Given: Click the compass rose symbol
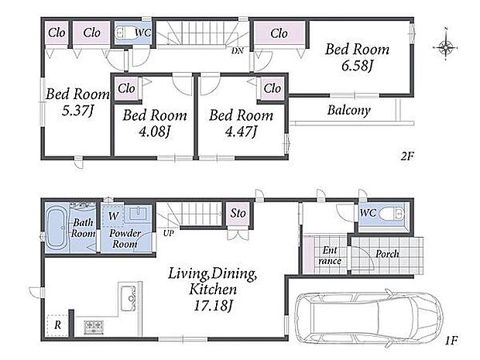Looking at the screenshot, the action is (x=445, y=47).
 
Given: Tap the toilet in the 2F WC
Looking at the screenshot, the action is (x=124, y=33).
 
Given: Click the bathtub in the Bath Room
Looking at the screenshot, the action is (x=57, y=228).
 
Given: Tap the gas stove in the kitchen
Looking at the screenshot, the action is (x=94, y=327).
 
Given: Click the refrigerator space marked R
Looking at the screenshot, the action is (x=58, y=325).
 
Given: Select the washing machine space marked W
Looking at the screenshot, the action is (x=113, y=215).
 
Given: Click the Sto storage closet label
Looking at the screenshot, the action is (x=238, y=213).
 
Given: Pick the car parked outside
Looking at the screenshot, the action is (x=369, y=315).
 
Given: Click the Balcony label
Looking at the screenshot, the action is (x=349, y=110).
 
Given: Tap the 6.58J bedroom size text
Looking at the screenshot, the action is (x=357, y=66).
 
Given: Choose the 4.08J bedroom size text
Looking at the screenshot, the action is (x=154, y=132).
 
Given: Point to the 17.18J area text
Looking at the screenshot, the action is (x=214, y=305).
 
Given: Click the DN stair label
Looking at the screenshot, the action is (x=237, y=51).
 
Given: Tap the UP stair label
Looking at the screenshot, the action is (x=168, y=233).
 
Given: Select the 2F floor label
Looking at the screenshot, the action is (x=407, y=156).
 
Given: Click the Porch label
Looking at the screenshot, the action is (x=387, y=254).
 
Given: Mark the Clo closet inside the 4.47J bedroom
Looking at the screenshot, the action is (x=273, y=88).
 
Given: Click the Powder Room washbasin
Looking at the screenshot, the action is (x=139, y=213).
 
